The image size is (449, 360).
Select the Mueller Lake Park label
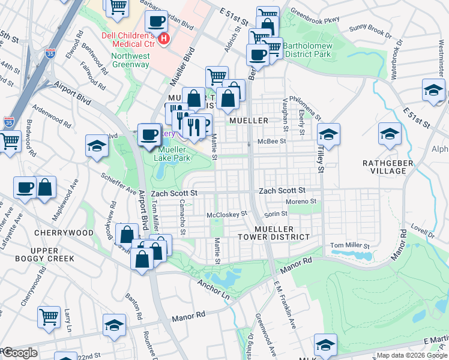click(x=172, y=154)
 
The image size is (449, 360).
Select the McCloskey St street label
click(x=227, y=214)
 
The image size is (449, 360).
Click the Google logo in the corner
click(x=19, y=353)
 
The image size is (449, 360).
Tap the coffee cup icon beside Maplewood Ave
click(x=25, y=187)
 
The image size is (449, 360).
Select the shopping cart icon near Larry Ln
click(x=49, y=316)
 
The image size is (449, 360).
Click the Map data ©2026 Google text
click(x=412, y=355)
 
